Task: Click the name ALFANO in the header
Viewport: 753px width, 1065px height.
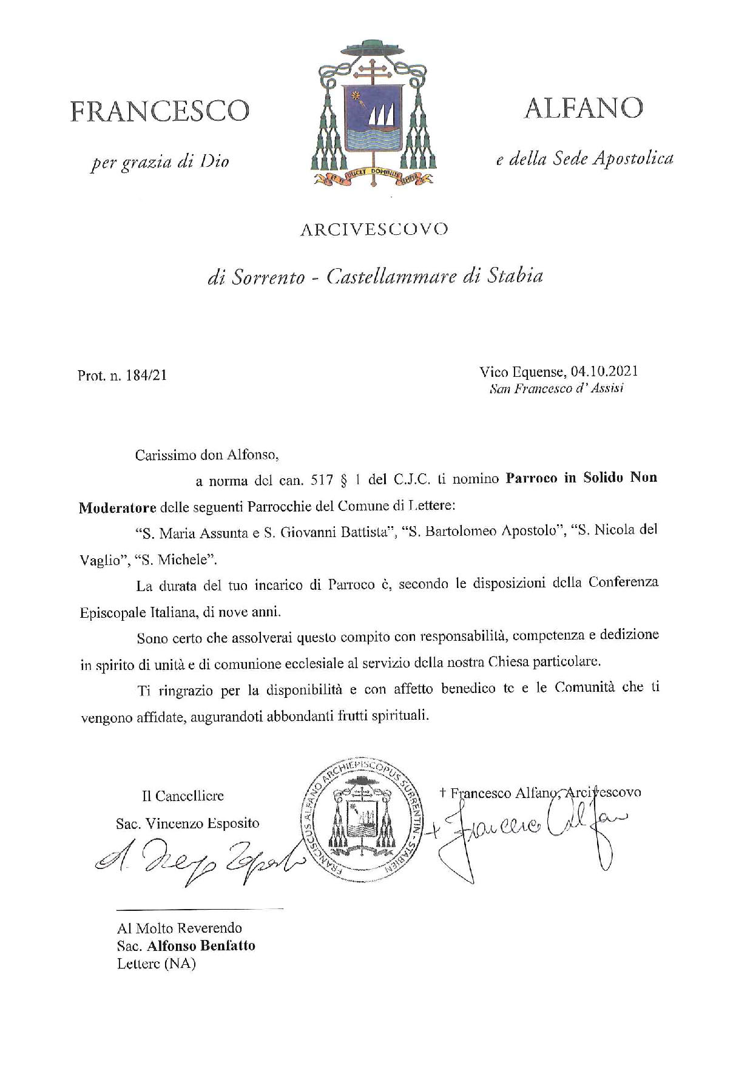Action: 583,108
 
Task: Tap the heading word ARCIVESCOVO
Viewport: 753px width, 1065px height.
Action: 374,229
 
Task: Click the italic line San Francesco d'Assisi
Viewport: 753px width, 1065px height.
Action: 556,389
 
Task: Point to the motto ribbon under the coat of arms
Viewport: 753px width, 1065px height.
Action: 373,177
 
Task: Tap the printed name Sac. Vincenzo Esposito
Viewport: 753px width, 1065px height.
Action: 187,823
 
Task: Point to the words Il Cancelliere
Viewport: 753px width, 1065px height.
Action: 183,796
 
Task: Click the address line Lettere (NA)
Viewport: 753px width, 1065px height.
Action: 156,964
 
